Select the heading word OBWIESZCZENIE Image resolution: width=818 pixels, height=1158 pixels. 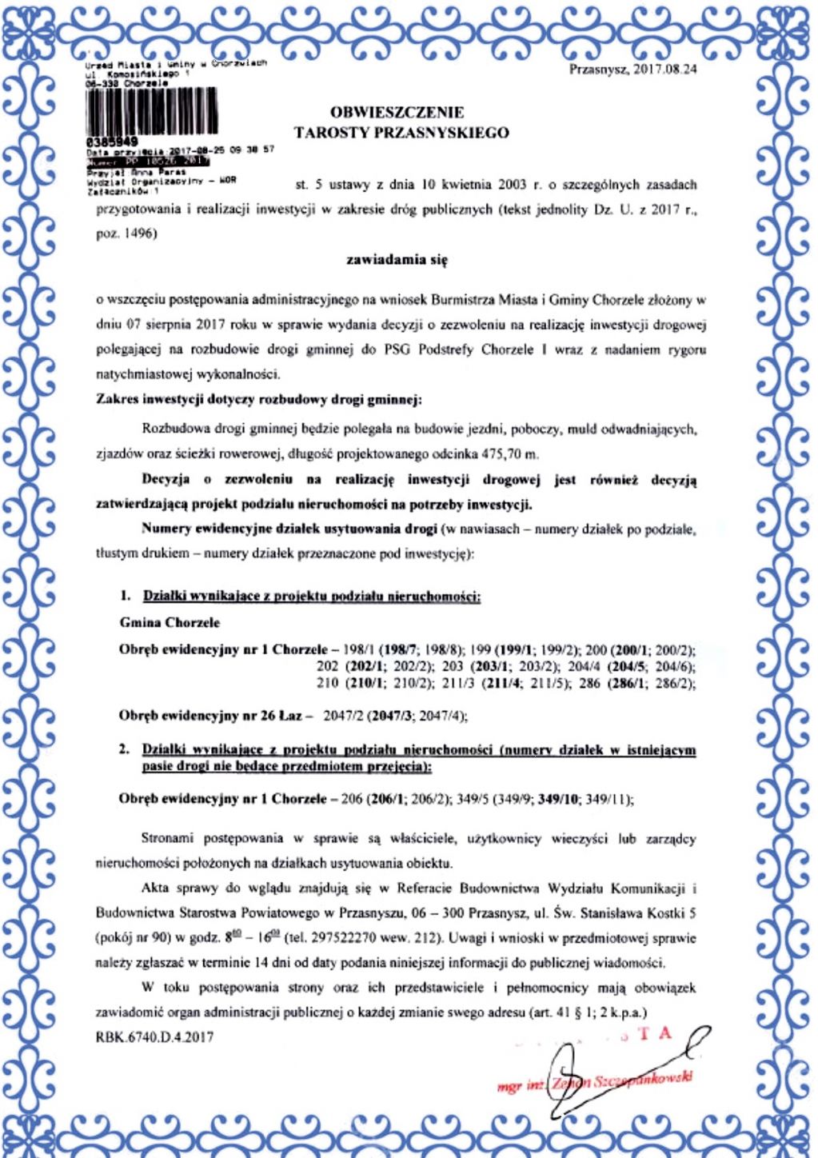click(x=397, y=113)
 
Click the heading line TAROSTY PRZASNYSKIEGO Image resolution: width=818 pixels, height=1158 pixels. click(x=401, y=133)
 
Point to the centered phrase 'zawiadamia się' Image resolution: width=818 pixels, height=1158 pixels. click(x=397, y=260)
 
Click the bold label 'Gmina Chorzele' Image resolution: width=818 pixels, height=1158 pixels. click(x=170, y=622)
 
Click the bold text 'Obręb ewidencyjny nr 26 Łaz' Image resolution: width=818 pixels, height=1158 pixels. click(x=210, y=715)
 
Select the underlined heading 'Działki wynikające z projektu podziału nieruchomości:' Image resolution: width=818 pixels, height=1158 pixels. click(x=311, y=596)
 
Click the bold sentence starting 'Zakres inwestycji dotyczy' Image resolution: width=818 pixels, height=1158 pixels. click(x=258, y=398)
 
